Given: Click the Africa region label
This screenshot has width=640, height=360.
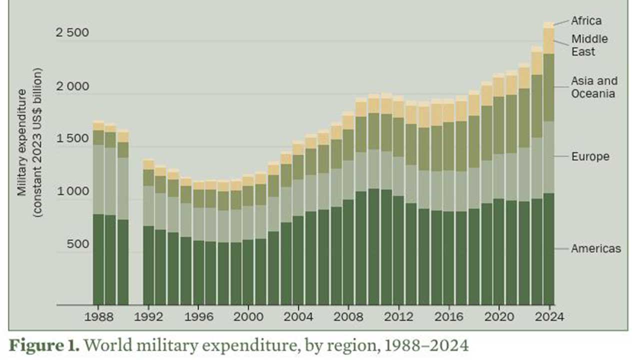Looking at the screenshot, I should pos(586,21).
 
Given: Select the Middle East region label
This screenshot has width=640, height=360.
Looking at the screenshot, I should pos(589,45).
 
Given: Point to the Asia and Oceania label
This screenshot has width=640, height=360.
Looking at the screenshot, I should pos(594,87).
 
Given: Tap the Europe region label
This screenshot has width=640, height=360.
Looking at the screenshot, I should pos(590,156).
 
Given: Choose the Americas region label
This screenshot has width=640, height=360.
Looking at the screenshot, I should pos(596,248).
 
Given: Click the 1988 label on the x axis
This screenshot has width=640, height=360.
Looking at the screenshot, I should pos(98,317).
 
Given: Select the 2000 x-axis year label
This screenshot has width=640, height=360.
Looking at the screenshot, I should pos(248,317).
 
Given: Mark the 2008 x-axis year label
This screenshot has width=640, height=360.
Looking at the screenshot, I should pos(348,317).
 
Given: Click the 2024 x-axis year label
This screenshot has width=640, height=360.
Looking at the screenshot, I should pos(548,317).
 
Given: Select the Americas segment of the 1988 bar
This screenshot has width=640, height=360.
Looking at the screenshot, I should pos(98,259).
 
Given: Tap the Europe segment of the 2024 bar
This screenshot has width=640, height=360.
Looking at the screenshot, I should pos(548,157).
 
